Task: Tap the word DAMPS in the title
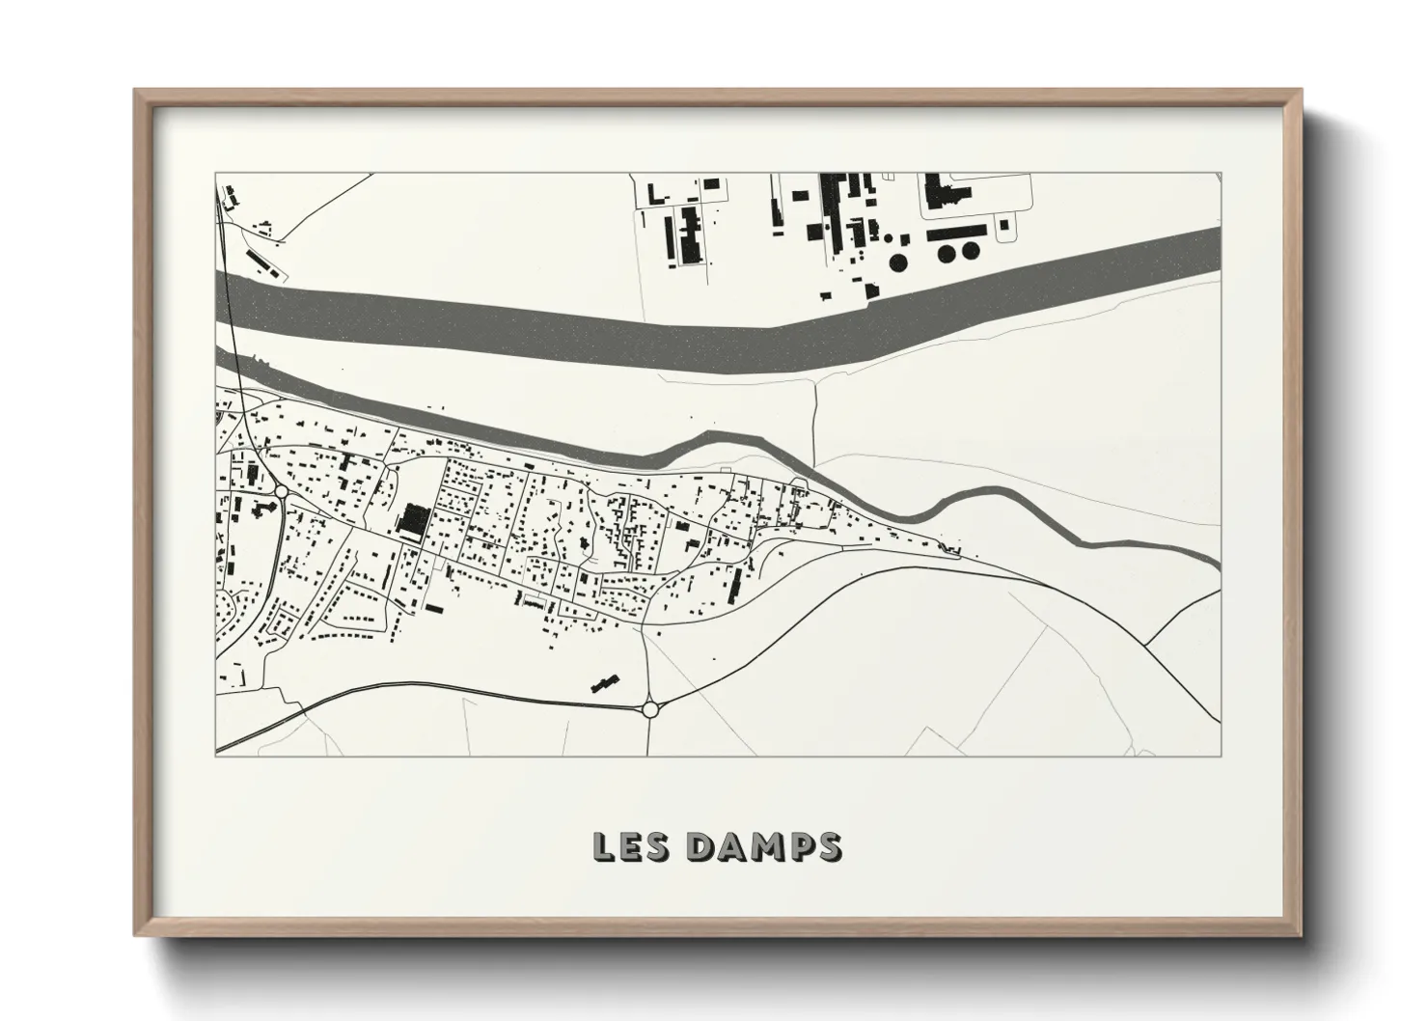coord(763,846)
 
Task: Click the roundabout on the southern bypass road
coord(649,709)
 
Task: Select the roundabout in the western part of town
coord(281,492)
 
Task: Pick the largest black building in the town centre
coord(413,521)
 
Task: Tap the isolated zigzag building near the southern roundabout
coord(604,684)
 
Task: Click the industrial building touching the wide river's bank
coord(871,290)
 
